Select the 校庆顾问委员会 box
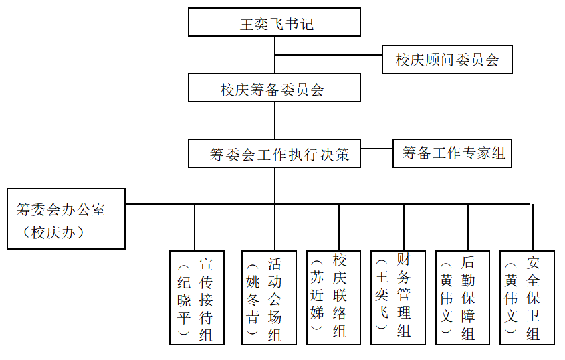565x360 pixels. pos(447,60)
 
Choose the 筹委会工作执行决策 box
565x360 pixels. pos(274,154)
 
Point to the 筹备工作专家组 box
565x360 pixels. pos(453,153)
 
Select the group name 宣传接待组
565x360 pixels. pos(205,298)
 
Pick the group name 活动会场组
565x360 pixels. pos(275,298)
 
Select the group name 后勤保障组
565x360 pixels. pos(468,298)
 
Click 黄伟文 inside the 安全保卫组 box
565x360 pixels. pos(512,298)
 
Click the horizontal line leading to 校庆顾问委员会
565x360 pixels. pos(328,55)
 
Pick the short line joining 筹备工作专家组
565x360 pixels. pos(376,148)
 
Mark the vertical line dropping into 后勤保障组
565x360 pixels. pos(468,228)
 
